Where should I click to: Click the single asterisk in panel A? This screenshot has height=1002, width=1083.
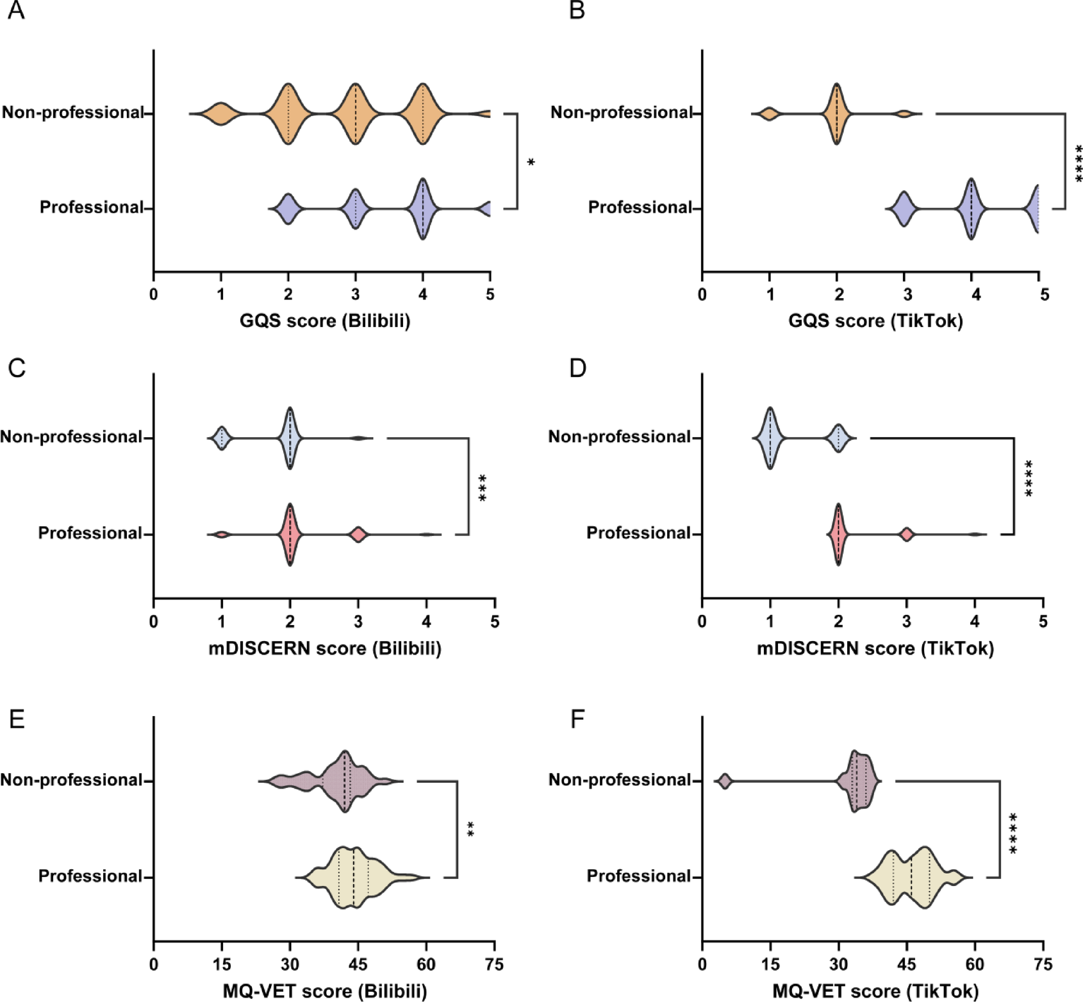coord(531,163)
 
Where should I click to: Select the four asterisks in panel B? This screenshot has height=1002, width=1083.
coord(1079,163)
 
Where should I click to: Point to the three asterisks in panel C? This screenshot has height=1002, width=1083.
coord(483,488)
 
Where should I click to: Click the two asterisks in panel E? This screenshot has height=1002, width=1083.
coord(470,830)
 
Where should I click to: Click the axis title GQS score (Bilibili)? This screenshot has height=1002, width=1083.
coord(324,321)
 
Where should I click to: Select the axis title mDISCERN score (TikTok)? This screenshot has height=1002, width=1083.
coord(875,649)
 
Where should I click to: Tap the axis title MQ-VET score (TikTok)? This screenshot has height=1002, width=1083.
coord(875,992)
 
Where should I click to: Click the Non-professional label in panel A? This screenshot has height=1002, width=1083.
coord(72,113)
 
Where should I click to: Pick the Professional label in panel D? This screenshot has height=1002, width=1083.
coord(638,533)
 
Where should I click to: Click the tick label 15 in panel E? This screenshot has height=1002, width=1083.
coord(222,964)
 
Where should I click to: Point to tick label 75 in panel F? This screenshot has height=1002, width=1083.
coord(1043,964)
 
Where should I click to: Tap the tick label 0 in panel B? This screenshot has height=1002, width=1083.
coord(702,295)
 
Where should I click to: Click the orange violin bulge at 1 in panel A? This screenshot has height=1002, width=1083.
coord(220,113)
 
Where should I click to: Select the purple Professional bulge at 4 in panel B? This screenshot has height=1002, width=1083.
coord(971,208)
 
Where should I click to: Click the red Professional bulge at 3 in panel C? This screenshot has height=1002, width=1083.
coord(358,534)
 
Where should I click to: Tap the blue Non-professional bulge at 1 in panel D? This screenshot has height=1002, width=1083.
coord(770,438)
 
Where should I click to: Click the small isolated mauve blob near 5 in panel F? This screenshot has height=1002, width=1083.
coord(725,781)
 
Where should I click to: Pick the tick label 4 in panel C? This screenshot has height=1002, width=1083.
coord(426,622)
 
